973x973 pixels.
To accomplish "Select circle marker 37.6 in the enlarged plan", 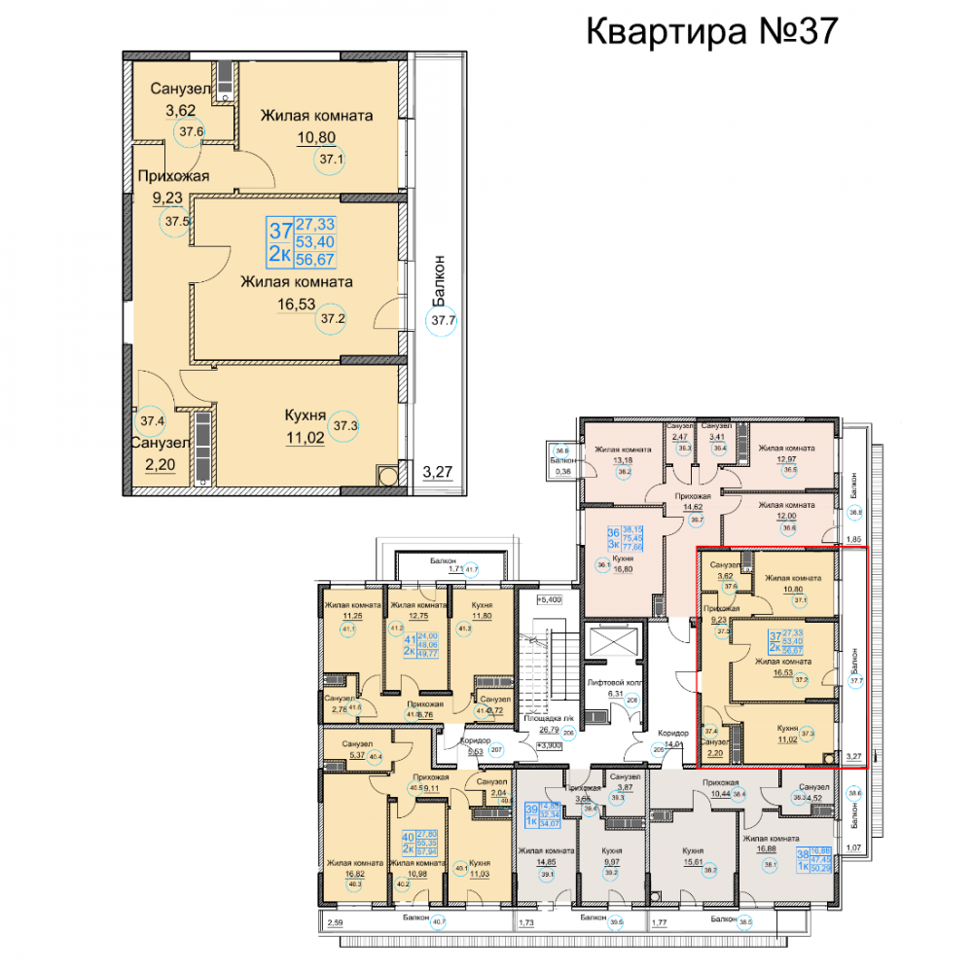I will (191, 132).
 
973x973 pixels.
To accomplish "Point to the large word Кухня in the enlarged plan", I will (305, 415).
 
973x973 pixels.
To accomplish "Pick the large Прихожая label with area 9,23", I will (172, 176).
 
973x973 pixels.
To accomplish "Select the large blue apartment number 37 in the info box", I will (280, 232).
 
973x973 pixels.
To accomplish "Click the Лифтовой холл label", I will (609, 684).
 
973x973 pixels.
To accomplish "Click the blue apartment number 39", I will (531, 810).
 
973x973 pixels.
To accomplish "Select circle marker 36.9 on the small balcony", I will (561, 450).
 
